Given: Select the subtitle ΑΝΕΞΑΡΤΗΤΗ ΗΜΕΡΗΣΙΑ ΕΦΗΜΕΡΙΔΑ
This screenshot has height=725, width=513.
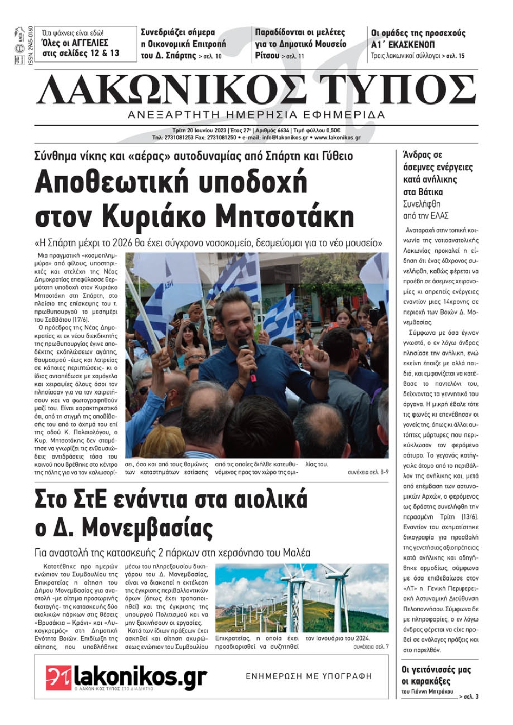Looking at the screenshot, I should pos(256,114).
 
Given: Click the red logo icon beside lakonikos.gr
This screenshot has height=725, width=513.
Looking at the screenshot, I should pos(58,677).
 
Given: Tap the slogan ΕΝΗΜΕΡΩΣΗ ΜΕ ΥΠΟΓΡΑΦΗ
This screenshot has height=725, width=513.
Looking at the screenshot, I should pos(309,676).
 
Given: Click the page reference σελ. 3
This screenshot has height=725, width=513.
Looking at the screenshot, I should pos(470,697).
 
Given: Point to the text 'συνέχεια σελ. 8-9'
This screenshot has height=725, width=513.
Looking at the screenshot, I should pos(368,472).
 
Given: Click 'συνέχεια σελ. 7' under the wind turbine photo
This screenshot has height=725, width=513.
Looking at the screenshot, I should pos(370,647).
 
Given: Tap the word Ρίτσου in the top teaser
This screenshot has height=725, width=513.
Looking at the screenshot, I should pos(267,55).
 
